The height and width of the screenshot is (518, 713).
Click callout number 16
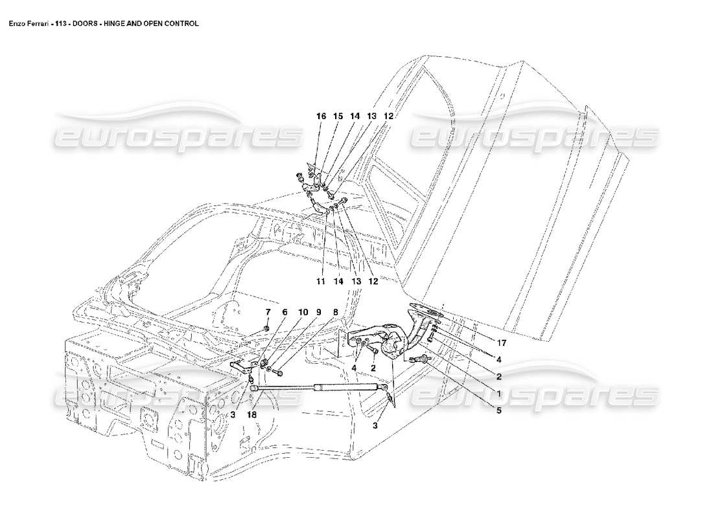tap(320, 116)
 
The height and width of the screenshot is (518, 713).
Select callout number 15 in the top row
tap(338, 116)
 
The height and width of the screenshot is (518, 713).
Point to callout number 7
tap(266, 312)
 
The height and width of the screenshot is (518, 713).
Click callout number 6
tap(284, 312)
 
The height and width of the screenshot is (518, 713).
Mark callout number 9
tap(318, 312)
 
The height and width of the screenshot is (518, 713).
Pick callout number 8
tap(335, 312)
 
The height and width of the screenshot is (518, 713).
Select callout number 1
tap(498, 393)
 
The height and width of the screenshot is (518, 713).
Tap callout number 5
tap(498, 410)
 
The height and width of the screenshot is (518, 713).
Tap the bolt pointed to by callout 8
tap(279, 373)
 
